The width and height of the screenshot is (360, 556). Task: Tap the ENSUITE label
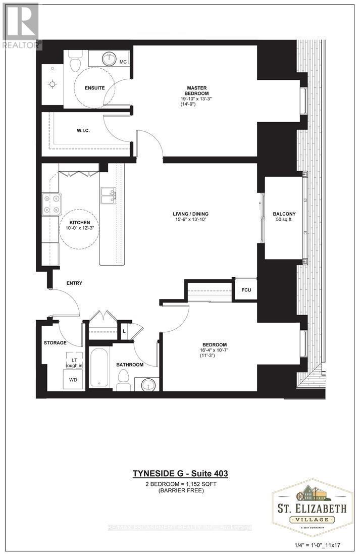[x=94, y=88]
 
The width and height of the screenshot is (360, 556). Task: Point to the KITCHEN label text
[x=80, y=223]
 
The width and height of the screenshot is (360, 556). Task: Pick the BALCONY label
[x=284, y=213]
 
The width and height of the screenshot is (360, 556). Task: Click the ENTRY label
[x=74, y=283]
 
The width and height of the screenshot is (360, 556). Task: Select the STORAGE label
[x=55, y=343]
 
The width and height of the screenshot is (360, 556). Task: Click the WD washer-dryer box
[x=73, y=379]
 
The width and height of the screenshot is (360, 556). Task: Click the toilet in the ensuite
[x=75, y=63]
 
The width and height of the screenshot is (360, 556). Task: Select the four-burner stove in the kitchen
[x=50, y=204]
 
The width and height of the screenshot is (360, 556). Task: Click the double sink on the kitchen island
[x=109, y=195]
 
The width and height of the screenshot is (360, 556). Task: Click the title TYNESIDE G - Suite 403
[x=180, y=473]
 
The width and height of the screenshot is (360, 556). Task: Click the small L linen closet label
[x=124, y=331]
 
